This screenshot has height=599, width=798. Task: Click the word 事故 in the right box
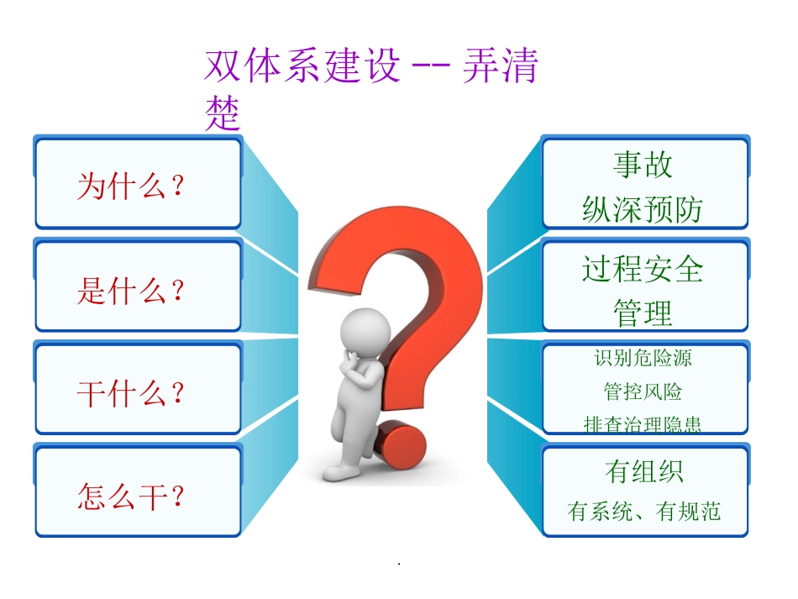tap(643, 165)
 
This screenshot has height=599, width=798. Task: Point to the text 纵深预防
tap(643, 209)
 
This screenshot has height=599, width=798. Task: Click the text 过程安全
tap(643, 269)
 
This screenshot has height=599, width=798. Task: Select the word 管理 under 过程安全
tap(643, 313)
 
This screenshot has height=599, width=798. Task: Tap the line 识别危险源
tap(643, 359)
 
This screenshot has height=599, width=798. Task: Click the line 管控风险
tap(643, 391)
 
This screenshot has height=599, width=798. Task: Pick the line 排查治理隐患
tap(643, 424)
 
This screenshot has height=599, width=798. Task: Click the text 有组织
tap(643, 471)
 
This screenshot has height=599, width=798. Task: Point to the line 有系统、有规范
tap(644, 511)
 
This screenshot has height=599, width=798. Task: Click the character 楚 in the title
tap(223, 115)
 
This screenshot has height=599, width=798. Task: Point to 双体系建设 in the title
tap(302, 67)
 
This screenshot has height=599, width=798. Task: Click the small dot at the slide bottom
tap(398, 563)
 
